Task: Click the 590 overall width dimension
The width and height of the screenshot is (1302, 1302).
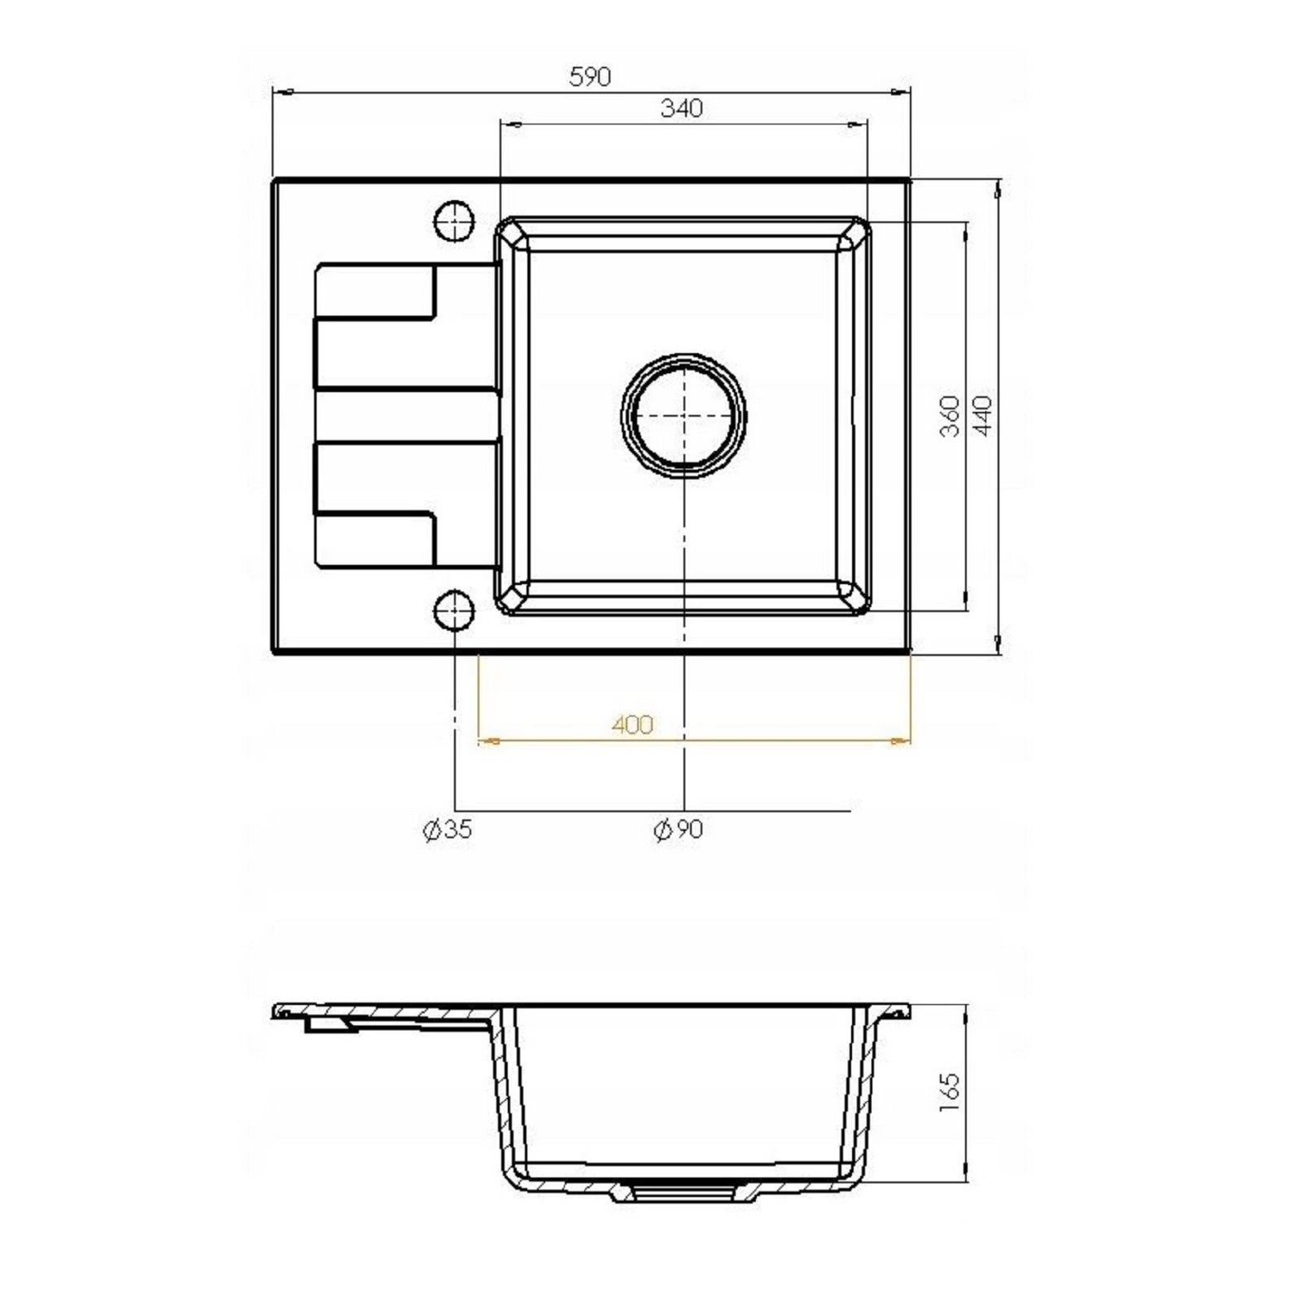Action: pyautogui.click(x=590, y=76)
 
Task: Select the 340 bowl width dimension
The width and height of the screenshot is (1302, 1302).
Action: pyautogui.click(x=681, y=108)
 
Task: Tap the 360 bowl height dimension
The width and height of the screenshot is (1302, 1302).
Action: pyautogui.click(x=950, y=416)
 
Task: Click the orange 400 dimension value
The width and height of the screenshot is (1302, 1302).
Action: pyautogui.click(x=632, y=723)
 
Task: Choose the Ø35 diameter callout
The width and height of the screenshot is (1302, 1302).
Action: pyautogui.click(x=448, y=829)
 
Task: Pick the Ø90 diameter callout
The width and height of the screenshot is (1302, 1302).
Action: pyautogui.click(x=678, y=829)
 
